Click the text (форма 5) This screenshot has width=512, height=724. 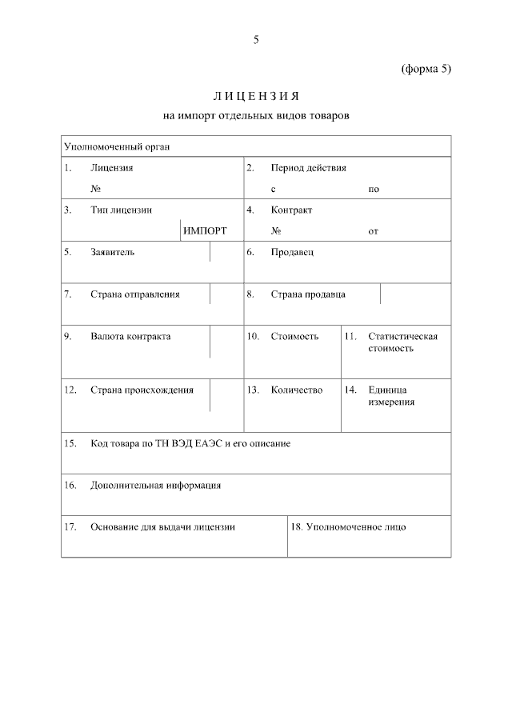coord(426,69)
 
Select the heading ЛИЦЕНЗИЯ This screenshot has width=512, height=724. coord(256,97)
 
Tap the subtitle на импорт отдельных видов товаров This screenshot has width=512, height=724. coord(256,116)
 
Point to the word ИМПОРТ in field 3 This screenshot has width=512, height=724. coord(205,231)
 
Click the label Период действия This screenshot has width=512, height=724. coord(308,168)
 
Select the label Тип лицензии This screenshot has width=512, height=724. coord(122,210)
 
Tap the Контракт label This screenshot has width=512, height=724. coord(291,210)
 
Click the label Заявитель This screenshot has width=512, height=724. coord(113,252)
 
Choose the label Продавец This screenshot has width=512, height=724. coord(293,252)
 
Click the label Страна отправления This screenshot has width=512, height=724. coord(135,294)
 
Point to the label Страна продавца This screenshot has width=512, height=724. coord(308,294)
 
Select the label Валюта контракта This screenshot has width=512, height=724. coord(130,337)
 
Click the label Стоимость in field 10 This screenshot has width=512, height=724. coord(294,337)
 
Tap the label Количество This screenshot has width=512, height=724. coord(297,390)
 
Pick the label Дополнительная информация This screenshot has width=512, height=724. coord(156,485)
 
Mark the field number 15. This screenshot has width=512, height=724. coord(70,443)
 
